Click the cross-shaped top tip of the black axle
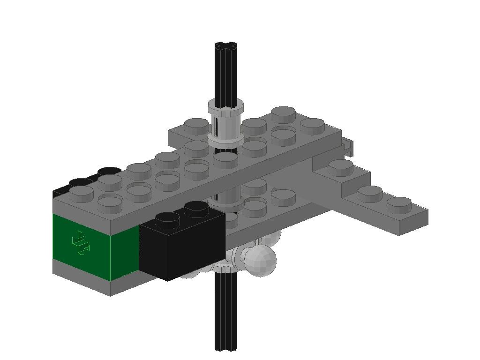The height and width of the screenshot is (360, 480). coord(226,46)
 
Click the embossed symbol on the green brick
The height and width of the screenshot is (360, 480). coord(81,243)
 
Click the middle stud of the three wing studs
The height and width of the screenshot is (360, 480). coord(369,192)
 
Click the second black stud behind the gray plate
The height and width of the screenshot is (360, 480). coord(109,171)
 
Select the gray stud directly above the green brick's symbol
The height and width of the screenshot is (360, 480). coord(81,192)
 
